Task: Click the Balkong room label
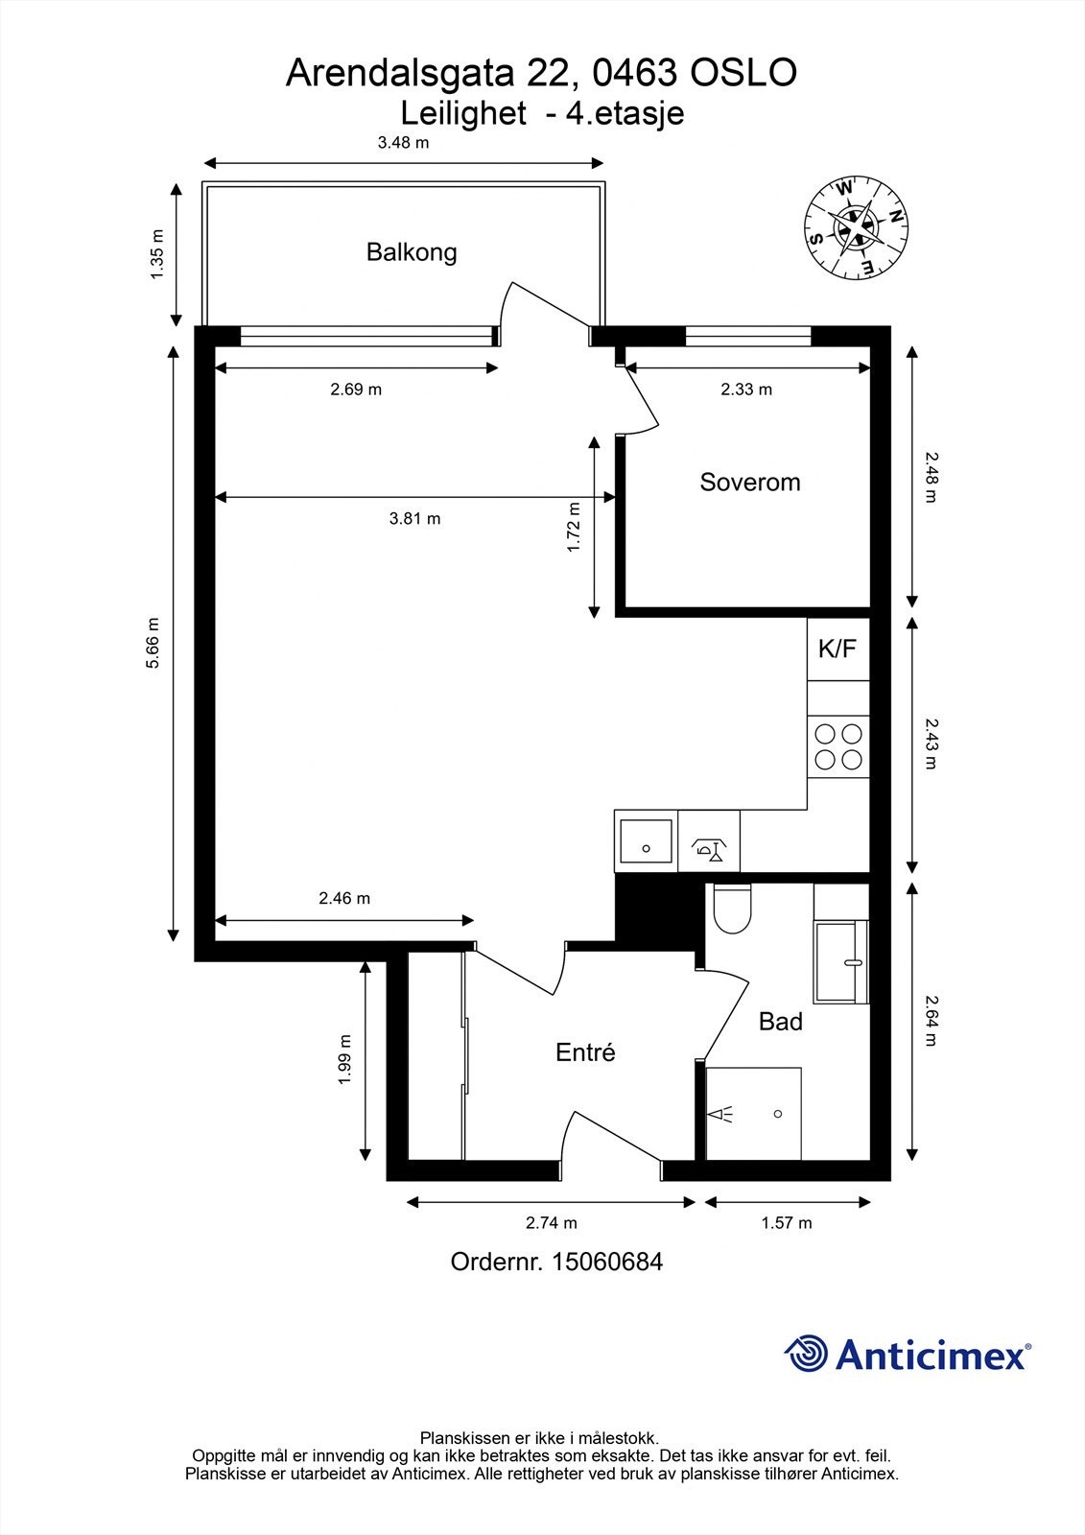(412, 252)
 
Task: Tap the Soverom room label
(750, 482)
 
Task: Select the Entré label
(585, 1051)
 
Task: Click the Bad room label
(780, 1022)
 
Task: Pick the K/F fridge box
(838, 649)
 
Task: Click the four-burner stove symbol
(838, 747)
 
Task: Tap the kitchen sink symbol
(646, 840)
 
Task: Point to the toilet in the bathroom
(733, 908)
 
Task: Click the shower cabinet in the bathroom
(753, 1114)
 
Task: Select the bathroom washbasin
(841, 962)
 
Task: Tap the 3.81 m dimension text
(414, 519)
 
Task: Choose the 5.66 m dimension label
(153, 643)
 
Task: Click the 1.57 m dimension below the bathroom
(787, 1223)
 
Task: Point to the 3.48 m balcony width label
(403, 143)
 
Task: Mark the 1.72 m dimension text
(574, 527)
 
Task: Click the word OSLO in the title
(743, 73)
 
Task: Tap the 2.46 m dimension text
(344, 898)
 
